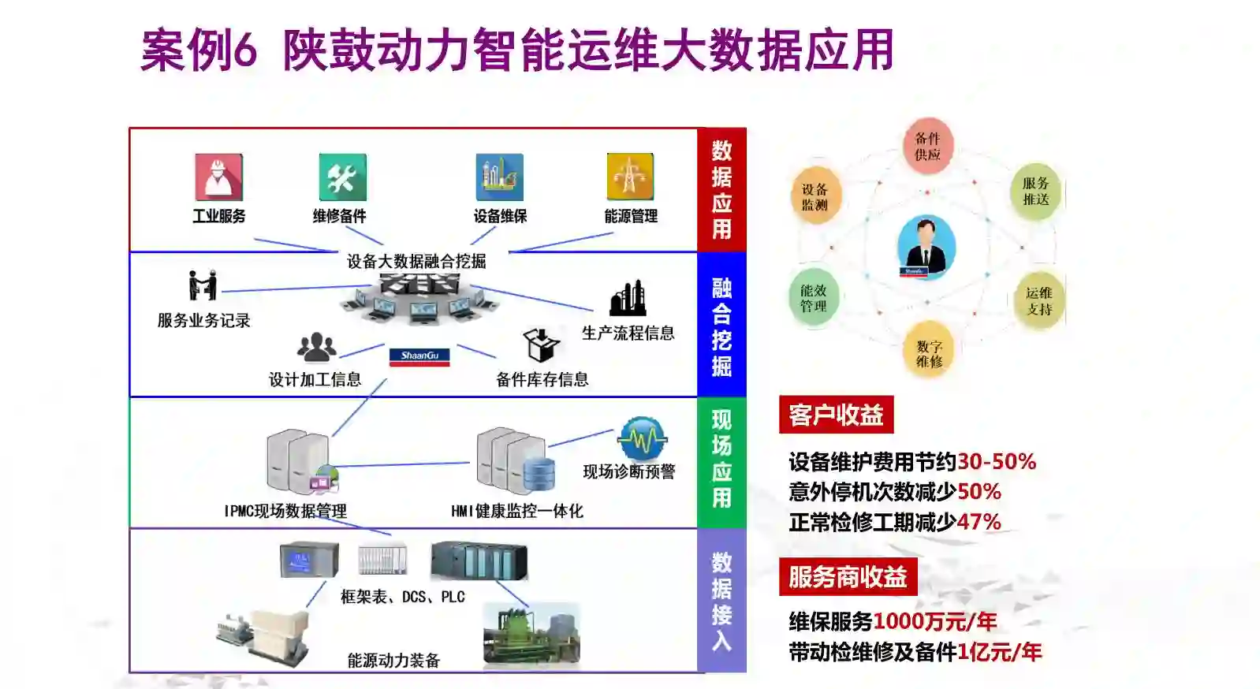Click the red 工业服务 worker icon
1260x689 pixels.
[218, 177]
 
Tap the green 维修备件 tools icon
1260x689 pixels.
[342, 177]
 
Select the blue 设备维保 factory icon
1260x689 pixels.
[499, 177]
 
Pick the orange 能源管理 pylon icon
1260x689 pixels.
[630, 177]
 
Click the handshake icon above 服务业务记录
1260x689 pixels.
[203, 285]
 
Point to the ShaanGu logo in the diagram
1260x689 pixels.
[419, 357]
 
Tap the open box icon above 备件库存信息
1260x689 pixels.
[541, 344]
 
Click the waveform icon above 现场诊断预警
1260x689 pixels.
[643, 438]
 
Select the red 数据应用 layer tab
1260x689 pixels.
[721, 190]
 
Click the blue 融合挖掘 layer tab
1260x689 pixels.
[721, 325]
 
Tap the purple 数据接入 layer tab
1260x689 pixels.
[721, 601]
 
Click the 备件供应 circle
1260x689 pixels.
[927, 146]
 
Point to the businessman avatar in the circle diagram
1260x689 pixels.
[926, 247]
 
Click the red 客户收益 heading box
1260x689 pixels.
[836, 415]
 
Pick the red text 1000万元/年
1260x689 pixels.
[935, 622]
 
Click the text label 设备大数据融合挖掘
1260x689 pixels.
[416, 261]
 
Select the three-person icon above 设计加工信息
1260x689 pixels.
[316, 347]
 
